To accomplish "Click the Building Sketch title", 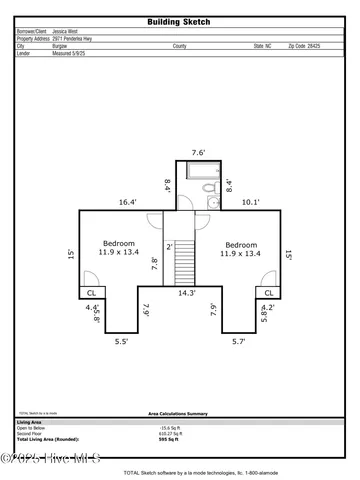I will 179,20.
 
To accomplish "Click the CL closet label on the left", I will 90,293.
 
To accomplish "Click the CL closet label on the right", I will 269,293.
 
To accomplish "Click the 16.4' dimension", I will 127,202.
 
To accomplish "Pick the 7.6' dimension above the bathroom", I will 199,153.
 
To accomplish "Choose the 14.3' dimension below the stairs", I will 186,294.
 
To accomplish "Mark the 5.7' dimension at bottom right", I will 239,342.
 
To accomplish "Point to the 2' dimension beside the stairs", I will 170,246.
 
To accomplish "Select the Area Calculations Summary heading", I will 177,412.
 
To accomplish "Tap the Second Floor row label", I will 30,433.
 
